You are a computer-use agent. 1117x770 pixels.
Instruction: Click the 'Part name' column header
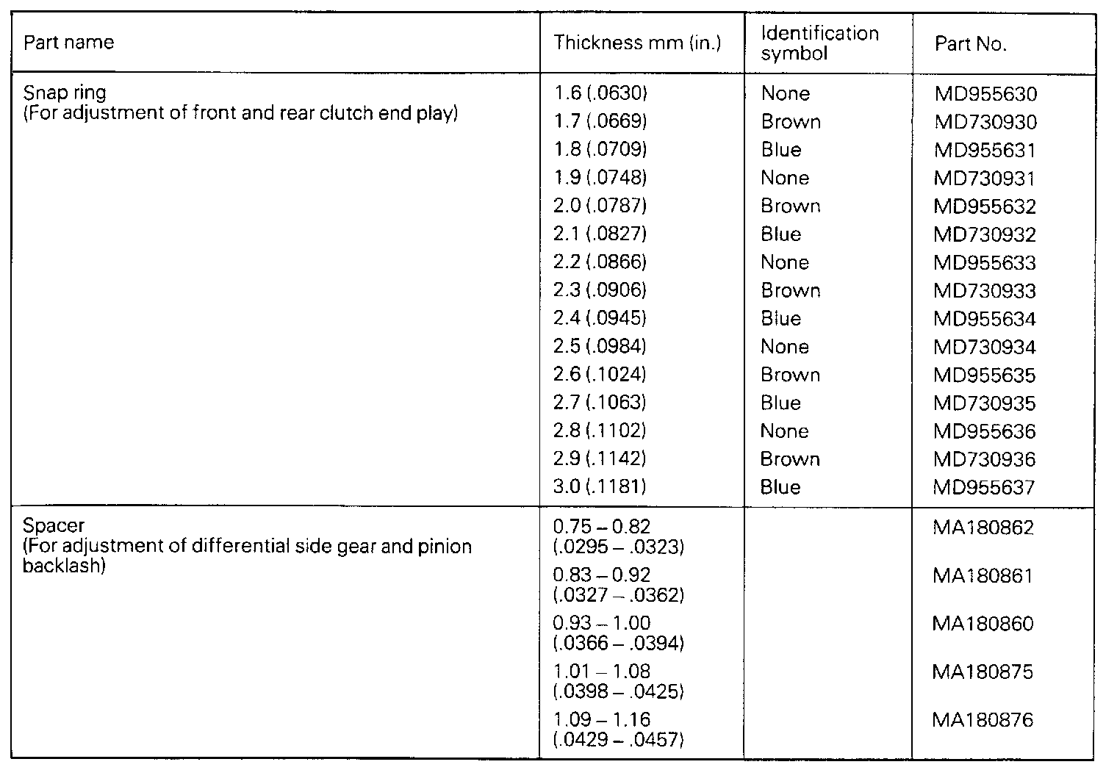[x=69, y=43]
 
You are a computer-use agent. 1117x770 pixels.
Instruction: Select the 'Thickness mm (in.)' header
[x=637, y=43]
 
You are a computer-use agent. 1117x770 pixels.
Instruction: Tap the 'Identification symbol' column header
[x=819, y=43]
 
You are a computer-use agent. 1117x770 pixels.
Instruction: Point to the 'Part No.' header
[x=970, y=44]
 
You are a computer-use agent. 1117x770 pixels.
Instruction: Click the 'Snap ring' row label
[x=65, y=93]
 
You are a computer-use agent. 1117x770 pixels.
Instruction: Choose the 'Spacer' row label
[x=54, y=526]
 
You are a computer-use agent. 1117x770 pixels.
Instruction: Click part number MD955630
[x=985, y=94]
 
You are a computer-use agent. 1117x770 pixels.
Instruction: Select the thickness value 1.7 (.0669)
[x=600, y=121]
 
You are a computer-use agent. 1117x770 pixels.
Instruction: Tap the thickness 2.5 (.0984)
[x=600, y=346]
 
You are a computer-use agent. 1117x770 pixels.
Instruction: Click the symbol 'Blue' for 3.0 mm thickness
[x=780, y=487]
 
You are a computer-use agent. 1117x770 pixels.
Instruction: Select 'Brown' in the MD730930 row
[x=791, y=122]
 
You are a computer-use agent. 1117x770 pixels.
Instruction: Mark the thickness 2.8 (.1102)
[x=600, y=431]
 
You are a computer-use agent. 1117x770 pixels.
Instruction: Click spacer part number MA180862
[x=983, y=528]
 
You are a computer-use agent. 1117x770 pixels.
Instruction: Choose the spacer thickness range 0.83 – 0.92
[x=601, y=575]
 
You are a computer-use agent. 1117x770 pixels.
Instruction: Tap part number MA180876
[x=983, y=720]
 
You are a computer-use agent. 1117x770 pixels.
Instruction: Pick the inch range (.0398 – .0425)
[x=619, y=691]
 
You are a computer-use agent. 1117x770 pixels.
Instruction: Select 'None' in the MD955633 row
[x=785, y=262]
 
